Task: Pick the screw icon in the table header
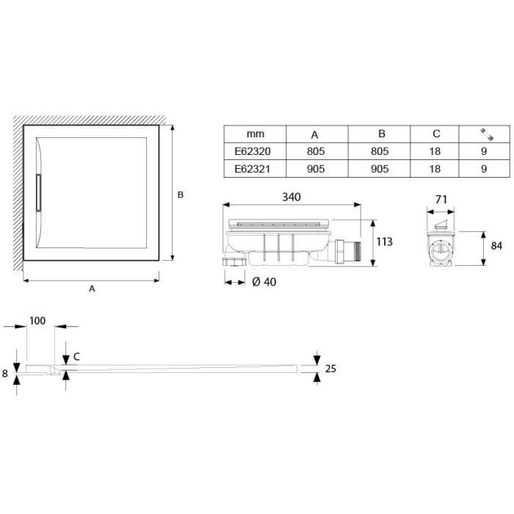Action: click(484, 134)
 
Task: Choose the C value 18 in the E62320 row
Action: click(436, 153)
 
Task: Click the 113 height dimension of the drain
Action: click(385, 242)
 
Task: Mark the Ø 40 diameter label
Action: click(264, 283)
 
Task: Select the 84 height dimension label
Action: click(496, 245)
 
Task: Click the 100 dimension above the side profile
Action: click(38, 322)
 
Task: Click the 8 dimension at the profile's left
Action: click(6, 374)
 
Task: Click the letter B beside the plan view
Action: click(180, 195)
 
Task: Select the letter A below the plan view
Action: click(92, 289)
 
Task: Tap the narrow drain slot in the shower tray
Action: click(40, 192)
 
